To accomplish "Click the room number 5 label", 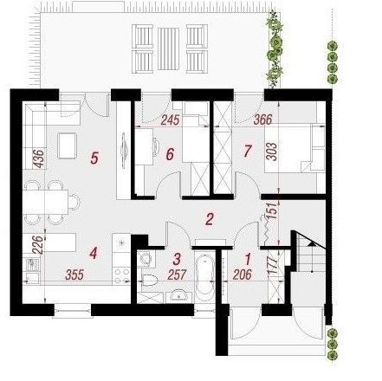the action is pos(94,158).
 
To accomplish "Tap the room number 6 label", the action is pos(170,154).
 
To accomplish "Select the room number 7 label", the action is pos(247,151).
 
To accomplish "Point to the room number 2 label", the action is pos(210,219).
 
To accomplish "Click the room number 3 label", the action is pos(177,259).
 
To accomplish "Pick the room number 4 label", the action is pos(94,254).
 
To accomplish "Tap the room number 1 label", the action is pos(248,259).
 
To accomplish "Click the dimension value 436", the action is pos(39,158).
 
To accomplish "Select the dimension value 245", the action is pos(170,120).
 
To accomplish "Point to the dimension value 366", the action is pos(262,119).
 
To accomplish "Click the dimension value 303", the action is pos(272,152).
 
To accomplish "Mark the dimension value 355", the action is pos(74,275).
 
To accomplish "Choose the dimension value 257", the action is pos(177,274).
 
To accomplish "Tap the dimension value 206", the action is pos(242,274).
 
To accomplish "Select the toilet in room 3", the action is pos(149,280).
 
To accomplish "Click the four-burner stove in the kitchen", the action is pos(122,275).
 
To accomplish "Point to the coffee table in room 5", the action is pos(67,145).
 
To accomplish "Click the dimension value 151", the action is pos(273,210).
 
